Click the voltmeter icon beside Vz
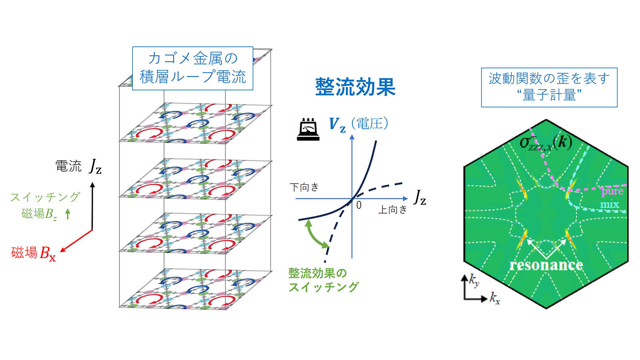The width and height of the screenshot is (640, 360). click(x=308, y=130)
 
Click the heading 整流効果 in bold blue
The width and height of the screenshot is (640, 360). click(x=356, y=87)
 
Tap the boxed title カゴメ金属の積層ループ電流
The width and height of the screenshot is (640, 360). click(x=192, y=68)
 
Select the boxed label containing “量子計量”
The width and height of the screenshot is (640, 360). click(x=549, y=88)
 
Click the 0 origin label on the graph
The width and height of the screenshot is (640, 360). click(x=359, y=205)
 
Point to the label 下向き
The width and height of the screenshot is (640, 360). click(x=304, y=187)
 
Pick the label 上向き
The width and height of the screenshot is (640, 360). click(x=392, y=210)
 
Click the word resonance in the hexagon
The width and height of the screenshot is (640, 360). click(x=546, y=265)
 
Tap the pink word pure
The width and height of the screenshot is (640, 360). click(x=612, y=191)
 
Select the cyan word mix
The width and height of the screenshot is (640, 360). click(x=610, y=204)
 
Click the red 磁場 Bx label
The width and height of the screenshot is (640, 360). click(x=34, y=253)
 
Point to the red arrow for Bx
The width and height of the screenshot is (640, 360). click(x=76, y=241)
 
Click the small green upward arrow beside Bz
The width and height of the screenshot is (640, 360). click(x=68, y=214)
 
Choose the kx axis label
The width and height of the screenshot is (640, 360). click(x=494, y=298)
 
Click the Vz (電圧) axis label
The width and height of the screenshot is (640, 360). click(x=358, y=124)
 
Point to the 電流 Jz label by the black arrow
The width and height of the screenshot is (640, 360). click(x=78, y=166)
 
